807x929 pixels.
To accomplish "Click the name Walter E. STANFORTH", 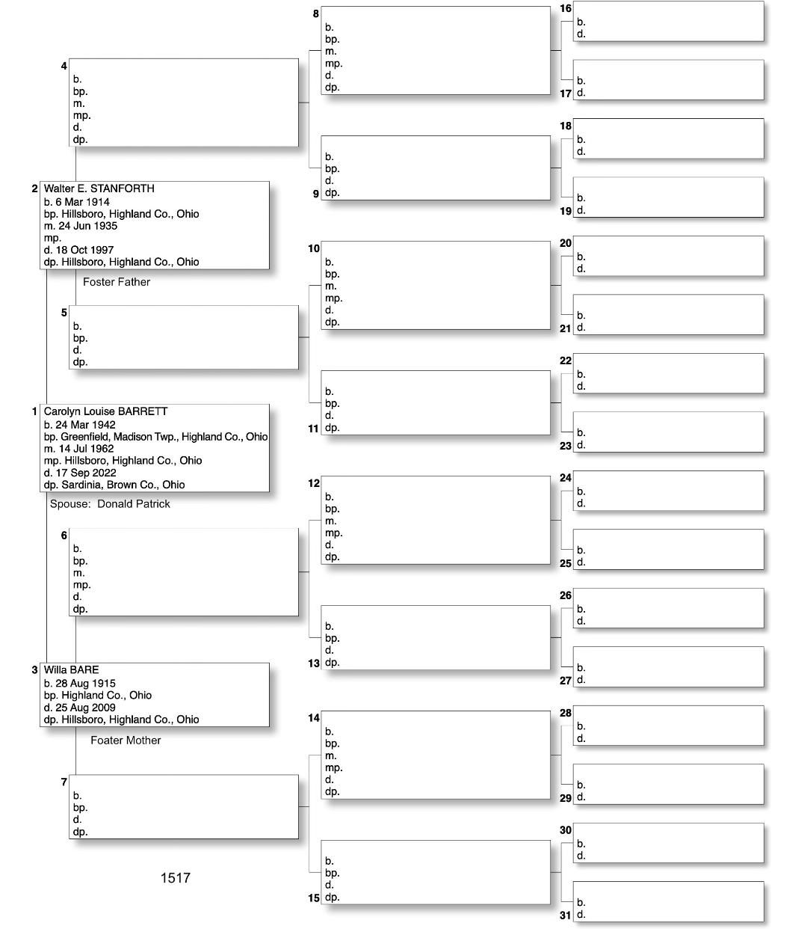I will tap(99, 188).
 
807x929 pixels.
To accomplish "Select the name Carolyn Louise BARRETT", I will tap(105, 411).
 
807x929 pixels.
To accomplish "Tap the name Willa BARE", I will tap(71, 669).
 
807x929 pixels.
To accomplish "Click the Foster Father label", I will tap(117, 282).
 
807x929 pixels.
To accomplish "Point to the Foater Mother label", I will tap(126, 741).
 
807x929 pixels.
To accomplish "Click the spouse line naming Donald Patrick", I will tap(110, 504).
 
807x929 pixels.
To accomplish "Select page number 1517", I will tap(176, 878).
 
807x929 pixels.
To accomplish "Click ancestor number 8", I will tap(316, 13).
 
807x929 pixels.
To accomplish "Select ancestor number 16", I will tap(566, 8).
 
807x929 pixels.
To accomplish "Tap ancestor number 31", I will tap(566, 916).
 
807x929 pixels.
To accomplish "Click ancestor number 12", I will tap(314, 483).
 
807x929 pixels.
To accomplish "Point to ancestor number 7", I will tap(64, 782).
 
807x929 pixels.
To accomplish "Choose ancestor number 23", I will tap(566, 446).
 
